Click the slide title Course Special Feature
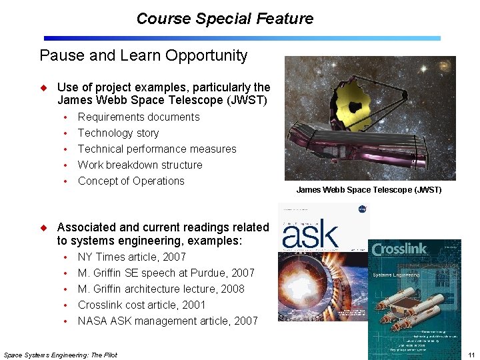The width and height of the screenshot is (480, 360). point(225,19)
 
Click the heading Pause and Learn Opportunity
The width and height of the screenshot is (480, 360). point(143,55)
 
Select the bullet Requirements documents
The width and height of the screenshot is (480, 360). point(139,117)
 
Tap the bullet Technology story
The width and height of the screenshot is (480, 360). point(118,133)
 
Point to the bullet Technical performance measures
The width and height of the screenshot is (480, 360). point(157,149)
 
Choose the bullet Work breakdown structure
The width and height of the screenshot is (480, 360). point(140,165)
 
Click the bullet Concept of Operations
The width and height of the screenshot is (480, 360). point(131,181)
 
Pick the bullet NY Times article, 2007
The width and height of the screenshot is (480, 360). point(131,257)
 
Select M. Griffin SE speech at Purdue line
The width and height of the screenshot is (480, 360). point(166,273)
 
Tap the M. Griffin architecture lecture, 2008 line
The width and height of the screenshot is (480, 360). point(161,289)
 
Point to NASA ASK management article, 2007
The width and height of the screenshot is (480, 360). point(167,321)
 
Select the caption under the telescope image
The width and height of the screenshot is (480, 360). point(369,190)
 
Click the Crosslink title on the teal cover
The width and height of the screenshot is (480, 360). point(399,250)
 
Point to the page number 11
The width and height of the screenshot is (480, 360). point(471,355)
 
